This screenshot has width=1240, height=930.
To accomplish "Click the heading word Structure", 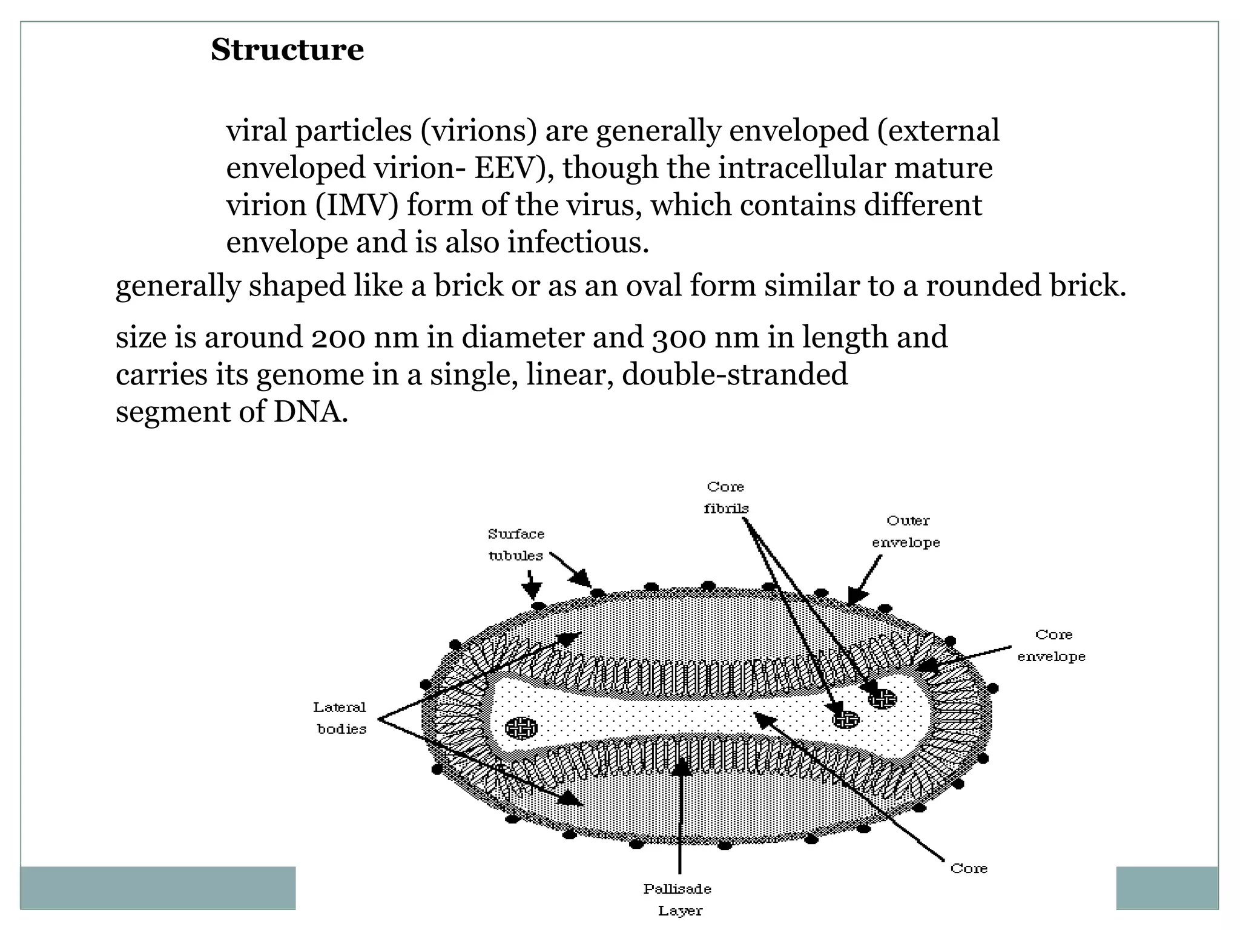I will coord(287,50).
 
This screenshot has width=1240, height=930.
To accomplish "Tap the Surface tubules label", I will coord(516,545).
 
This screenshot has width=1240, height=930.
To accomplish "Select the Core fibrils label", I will coord(726,498).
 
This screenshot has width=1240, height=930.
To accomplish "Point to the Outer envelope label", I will coord(906,532).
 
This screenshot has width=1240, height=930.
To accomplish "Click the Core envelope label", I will coord(1052,645).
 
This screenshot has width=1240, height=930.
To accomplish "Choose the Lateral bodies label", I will coord(340,718).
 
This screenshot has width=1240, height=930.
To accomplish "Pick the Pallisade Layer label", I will coord(678,900).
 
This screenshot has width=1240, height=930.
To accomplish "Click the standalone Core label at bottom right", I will coord(969,868).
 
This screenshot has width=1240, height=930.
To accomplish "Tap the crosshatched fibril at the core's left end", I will coord(521,727).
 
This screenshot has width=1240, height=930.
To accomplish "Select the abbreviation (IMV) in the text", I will coord(357,205).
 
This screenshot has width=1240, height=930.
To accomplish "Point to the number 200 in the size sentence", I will coord(338,337).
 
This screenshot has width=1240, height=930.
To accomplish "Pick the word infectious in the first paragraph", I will coord(578,243).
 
